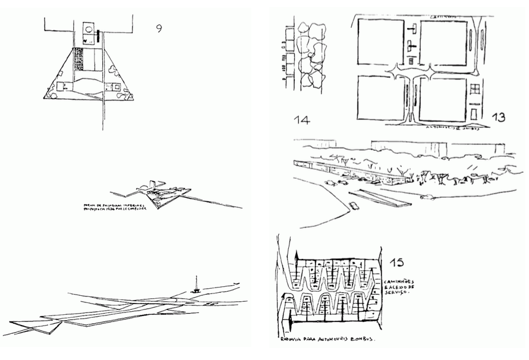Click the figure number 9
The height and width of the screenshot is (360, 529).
tap(159, 28)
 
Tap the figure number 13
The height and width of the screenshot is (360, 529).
tap(498, 117)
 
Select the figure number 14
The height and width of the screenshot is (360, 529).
tap(301, 120)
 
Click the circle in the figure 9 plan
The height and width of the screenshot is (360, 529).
tap(88, 27)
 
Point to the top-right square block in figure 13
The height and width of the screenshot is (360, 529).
tap(443, 42)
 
